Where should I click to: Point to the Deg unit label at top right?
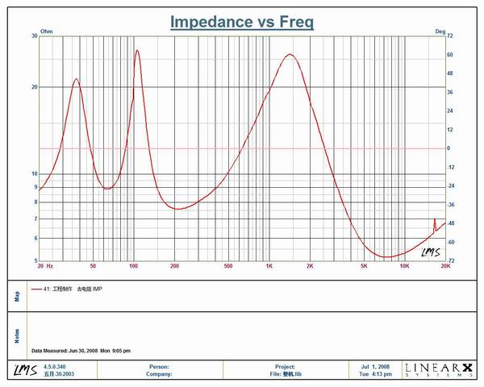[440, 31]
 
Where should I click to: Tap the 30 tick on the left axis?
[35, 37]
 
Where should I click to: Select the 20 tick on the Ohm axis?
[35, 87]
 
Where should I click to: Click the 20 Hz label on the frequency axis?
[44, 265]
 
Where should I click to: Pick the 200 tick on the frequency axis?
[174, 265]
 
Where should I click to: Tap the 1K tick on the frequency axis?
[269, 265]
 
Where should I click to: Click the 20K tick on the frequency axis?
[444, 265]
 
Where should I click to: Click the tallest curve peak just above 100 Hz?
[137, 51]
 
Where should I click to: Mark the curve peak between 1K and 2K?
[290, 55]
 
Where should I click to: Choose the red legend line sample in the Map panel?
[36, 288]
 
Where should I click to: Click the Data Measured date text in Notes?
[81, 351]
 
